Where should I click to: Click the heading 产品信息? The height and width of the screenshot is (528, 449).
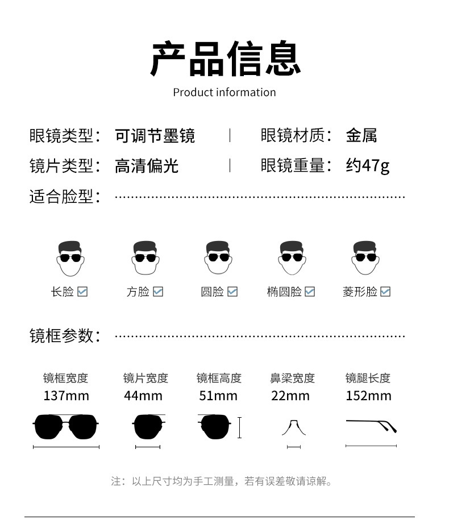click(x=225, y=59)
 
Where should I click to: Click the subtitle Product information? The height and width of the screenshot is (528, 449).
click(x=224, y=92)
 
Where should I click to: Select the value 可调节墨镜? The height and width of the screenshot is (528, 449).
click(x=155, y=136)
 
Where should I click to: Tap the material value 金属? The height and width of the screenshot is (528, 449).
click(x=361, y=136)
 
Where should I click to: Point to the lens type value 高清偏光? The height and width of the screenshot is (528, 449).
click(x=147, y=165)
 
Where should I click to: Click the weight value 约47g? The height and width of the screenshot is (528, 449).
click(x=368, y=165)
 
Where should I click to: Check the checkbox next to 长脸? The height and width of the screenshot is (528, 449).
click(x=82, y=292)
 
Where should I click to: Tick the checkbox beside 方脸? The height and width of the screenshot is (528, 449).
click(x=158, y=292)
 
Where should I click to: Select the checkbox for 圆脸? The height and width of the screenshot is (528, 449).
click(x=232, y=292)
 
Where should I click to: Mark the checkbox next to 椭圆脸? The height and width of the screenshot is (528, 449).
click(x=310, y=292)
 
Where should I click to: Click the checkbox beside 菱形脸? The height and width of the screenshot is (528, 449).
click(x=385, y=292)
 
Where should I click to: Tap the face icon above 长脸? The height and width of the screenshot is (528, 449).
click(x=70, y=258)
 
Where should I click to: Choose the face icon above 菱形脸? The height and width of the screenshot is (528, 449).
click(x=364, y=258)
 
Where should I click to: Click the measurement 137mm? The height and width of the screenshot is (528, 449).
click(x=66, y=396)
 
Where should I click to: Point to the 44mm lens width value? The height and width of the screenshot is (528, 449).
click(x=143, y=396)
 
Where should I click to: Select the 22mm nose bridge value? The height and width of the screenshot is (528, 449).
click(x=290, y=396)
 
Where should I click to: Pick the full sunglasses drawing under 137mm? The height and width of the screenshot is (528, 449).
click(x=66, y=427)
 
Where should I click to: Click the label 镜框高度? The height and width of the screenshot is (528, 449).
click(x=219, y=378)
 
